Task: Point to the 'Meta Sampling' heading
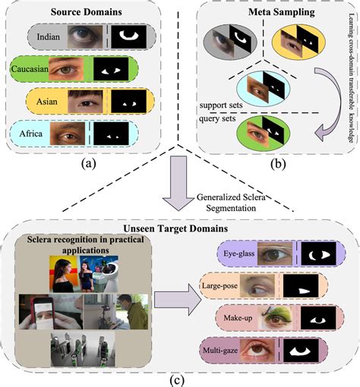click(x=267, y=13)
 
